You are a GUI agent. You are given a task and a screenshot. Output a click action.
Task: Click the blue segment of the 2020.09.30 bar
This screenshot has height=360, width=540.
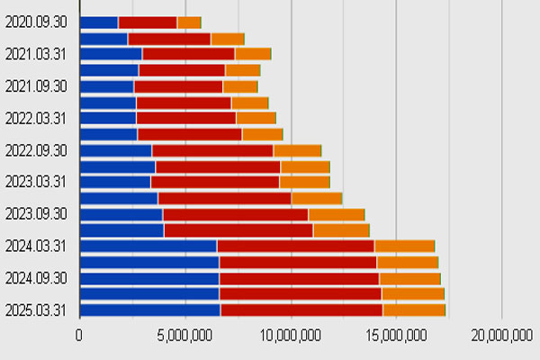point(99,22)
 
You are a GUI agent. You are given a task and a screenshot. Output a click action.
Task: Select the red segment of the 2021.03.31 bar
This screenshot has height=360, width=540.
point(189,54)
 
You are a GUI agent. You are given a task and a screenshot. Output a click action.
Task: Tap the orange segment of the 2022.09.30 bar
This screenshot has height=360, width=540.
point(298,151)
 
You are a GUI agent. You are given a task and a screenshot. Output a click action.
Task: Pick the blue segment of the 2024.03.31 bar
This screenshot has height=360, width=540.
point(148,247)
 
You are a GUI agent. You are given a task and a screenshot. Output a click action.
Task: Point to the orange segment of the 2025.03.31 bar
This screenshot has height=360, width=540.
point(414,310)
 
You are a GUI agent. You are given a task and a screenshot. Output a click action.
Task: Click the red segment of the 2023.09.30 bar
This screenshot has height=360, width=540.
point(236,214)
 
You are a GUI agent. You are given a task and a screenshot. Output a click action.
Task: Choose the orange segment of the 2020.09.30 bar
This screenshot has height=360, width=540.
point(189,22)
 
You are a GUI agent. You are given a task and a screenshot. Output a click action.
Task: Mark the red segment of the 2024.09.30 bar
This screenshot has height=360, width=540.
point(300,279)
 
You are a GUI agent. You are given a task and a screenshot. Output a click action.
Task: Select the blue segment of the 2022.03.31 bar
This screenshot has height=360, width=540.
point(108,118)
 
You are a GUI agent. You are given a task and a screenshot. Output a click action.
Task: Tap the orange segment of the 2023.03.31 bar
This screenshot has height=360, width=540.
point(305,182)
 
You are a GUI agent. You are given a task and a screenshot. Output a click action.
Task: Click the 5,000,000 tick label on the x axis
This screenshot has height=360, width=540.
point(184,335)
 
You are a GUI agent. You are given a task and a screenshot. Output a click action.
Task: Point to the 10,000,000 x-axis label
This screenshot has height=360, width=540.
point(291,335)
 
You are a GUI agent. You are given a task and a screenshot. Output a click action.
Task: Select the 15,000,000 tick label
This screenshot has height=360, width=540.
point(396,335)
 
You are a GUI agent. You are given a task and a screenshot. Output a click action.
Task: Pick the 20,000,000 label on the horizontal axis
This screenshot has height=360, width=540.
point(502,335)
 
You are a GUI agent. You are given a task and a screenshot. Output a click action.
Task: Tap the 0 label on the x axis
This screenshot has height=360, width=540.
point(79,335)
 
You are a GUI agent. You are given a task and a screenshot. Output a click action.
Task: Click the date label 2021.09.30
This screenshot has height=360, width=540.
point(36,86)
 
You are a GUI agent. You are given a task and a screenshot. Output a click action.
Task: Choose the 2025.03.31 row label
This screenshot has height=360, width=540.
point(35,310)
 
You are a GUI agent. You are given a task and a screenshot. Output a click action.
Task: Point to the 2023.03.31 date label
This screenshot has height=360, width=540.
point(35,182)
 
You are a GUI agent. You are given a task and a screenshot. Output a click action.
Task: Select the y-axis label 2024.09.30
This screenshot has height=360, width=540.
point(36,278)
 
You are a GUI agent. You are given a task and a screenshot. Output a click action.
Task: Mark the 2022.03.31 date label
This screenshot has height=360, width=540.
point(35,119)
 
